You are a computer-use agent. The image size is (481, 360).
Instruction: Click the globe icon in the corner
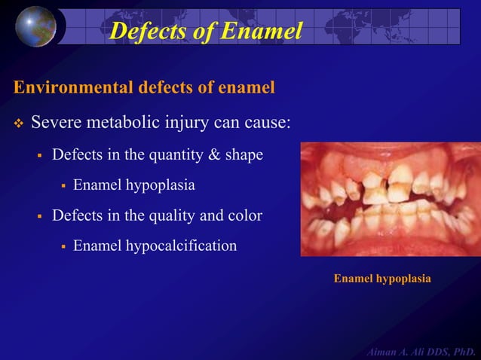[x=36, y=26]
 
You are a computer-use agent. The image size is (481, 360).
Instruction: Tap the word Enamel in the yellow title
[x=259, y=30]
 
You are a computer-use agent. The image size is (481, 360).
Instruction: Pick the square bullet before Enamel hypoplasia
[x=64, y=185]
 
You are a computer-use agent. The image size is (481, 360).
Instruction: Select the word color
[x=246, y=215]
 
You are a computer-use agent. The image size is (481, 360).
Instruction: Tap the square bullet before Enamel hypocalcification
[x=64, y=246]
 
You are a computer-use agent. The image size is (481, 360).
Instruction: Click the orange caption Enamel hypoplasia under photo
[x=382, y=279]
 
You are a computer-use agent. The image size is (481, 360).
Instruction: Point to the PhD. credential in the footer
[x=464, y=351]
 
